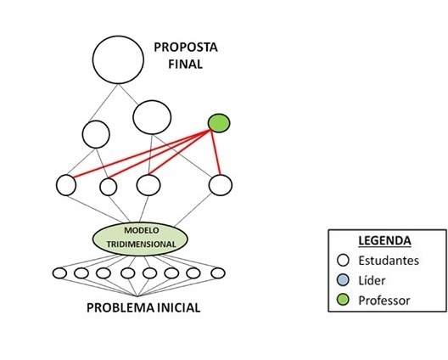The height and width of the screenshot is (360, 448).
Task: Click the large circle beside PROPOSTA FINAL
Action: [118, 59]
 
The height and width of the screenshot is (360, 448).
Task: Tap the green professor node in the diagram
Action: [219, 123]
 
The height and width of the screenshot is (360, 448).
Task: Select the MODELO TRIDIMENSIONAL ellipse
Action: [140, 239]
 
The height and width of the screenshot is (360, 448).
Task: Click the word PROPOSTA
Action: [186, 48]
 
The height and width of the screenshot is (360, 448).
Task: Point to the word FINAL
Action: [186, 64]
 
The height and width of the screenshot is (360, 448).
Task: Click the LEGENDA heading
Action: [384, 241]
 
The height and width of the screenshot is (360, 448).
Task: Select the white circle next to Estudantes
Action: [343, 260]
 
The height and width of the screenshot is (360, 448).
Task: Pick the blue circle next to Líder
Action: [343, 280]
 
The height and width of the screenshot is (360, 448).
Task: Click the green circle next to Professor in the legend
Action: [343, 301]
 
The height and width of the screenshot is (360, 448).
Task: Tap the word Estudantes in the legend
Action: [389, 261]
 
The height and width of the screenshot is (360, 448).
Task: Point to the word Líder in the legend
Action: [372, 280]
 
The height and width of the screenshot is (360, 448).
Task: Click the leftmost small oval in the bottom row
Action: [59, 273]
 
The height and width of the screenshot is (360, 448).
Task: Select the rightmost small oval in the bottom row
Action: [218, 273]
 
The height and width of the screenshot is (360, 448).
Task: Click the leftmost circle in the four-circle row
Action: [66, 185]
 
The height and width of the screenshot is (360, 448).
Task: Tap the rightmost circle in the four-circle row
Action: [221, 185]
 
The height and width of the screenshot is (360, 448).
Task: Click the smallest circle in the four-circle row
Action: [109, 187]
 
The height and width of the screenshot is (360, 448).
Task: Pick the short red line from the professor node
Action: [216, 152]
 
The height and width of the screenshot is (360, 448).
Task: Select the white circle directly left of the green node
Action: [152, 117]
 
